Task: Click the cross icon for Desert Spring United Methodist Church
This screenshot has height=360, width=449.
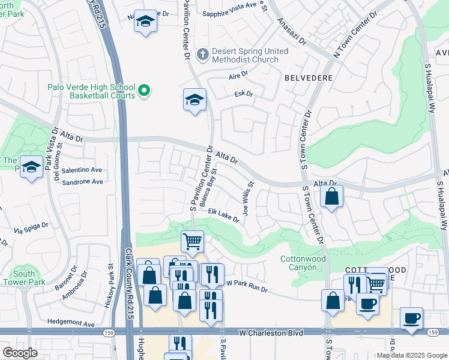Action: point(203,55)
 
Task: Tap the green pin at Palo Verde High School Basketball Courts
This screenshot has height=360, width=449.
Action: point(143,91)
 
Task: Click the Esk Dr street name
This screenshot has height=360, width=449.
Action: point(244,94)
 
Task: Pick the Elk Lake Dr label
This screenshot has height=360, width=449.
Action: point(224,215)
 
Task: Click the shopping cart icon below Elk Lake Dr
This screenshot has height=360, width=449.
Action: point(192,241)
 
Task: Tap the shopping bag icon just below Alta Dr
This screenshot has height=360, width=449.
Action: point(331,196)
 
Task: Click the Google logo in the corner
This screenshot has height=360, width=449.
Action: point(19,352)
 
